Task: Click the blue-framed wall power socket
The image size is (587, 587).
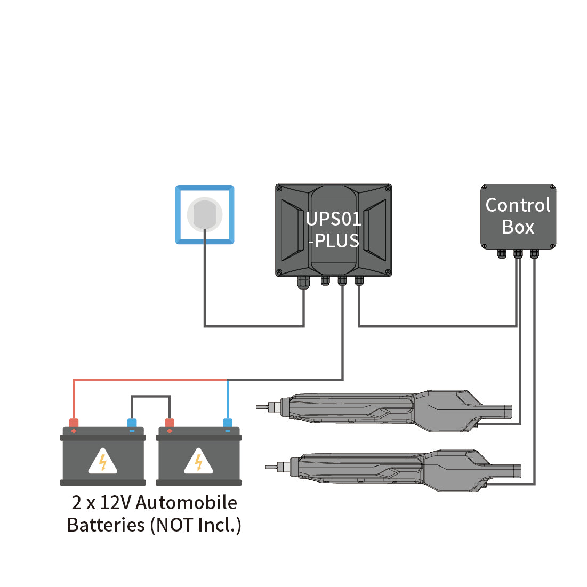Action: tap(205, 214)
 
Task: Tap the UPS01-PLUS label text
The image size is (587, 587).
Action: tap(333, 230)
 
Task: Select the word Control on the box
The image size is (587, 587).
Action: tap(518, 205)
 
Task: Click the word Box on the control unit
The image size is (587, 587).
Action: tap(518, 227)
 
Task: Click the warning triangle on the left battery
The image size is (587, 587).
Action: tap(102, 461)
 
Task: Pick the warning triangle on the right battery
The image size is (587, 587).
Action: tap(198, 461)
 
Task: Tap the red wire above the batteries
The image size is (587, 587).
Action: tap(149, 380)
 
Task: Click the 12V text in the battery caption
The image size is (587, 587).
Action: tap(116, 502)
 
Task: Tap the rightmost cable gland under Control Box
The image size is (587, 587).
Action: tap(534, 253)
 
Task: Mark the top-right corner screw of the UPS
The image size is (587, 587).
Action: tap(388, 188)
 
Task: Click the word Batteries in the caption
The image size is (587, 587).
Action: tap(106, 525)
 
